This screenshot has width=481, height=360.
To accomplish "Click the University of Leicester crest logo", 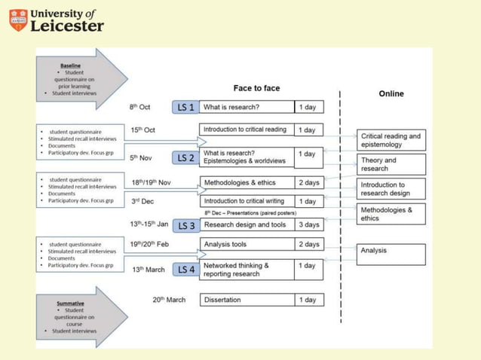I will [17, 20].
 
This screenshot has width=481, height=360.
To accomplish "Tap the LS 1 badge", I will [185, 107].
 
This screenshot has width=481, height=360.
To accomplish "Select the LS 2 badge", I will [186, 157].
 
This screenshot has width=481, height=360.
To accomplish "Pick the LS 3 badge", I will [186, 225].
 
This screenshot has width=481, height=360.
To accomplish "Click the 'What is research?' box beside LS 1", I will [246, 107].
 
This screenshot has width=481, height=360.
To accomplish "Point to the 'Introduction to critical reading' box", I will [246, 130].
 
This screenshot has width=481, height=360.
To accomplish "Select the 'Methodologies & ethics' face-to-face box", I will [246, 182].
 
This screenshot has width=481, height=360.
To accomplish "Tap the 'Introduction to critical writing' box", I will [246, 201].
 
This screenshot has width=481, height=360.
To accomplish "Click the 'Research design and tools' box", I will [246, 224].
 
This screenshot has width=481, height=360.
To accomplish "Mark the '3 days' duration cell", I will [309, 224].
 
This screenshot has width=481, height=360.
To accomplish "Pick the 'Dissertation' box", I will [246, 300].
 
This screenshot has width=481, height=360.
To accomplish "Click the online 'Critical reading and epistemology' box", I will [392, 140].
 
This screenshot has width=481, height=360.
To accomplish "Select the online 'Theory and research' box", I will [392, 164].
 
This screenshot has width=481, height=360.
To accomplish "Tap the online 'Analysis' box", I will [392, 252].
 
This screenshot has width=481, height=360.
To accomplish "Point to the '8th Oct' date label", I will [140, 107].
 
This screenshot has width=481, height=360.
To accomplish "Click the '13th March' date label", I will [149, 270].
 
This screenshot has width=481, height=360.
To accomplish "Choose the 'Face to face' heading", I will [256, 88].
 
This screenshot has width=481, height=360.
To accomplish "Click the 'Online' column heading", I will [392, 93].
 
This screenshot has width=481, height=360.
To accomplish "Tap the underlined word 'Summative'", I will [71, 304].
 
